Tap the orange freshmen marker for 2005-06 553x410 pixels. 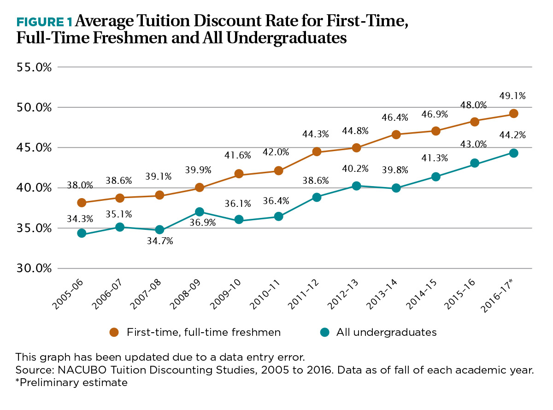point(82,202)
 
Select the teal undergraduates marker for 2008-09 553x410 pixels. point(199,212)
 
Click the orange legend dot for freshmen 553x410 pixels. point(114,332)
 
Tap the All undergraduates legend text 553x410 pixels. point(386,332)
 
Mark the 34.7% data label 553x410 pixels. point(160,240)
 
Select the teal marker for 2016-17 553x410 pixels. point(513,153)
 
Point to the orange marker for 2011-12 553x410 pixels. point(317,152)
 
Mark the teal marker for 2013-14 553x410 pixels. point(395,188)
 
